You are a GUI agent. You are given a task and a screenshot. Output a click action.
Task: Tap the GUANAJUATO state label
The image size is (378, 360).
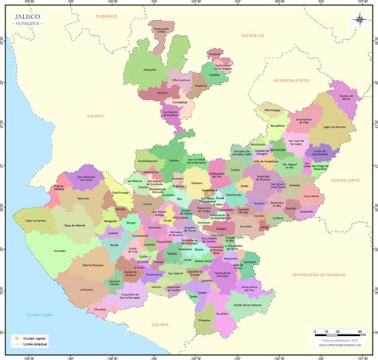pos(345,181)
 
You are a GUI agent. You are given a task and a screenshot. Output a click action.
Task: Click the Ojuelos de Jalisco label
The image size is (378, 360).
pos(345,98)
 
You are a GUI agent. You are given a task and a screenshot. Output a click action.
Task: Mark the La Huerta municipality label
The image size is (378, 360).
pos(86,289)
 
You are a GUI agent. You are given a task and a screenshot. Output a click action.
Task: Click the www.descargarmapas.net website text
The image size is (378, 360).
pos(341,346)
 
